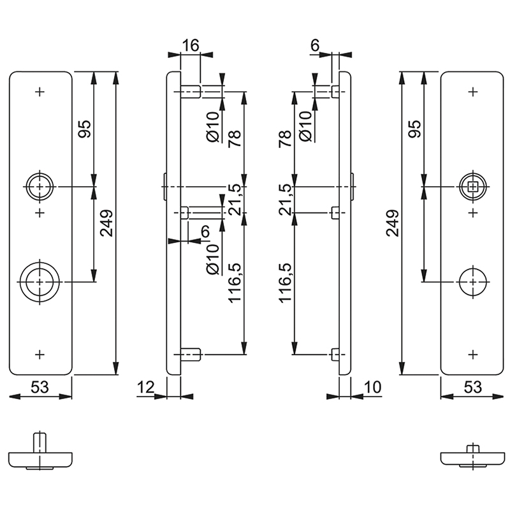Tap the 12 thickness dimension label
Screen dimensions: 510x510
tap(145, 386)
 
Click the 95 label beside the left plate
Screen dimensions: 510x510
tap(85, 129)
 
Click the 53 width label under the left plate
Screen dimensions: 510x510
tap(40, 386)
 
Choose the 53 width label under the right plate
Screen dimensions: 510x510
tap(472, 386)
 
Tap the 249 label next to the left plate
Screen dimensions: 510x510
tap(106, 224)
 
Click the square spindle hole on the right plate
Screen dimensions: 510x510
tap(472, 186)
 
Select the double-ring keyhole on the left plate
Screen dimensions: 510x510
tap(40, 281)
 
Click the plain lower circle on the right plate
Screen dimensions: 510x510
tap(472, 281)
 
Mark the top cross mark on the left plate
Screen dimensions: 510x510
tap(40, 92)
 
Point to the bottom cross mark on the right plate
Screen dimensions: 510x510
tap(472, 354)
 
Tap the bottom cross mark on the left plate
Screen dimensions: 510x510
tap(40, 354)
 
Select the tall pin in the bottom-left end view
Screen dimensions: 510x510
tap(40, 442)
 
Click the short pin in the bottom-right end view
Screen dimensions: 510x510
tap(472, 448)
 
